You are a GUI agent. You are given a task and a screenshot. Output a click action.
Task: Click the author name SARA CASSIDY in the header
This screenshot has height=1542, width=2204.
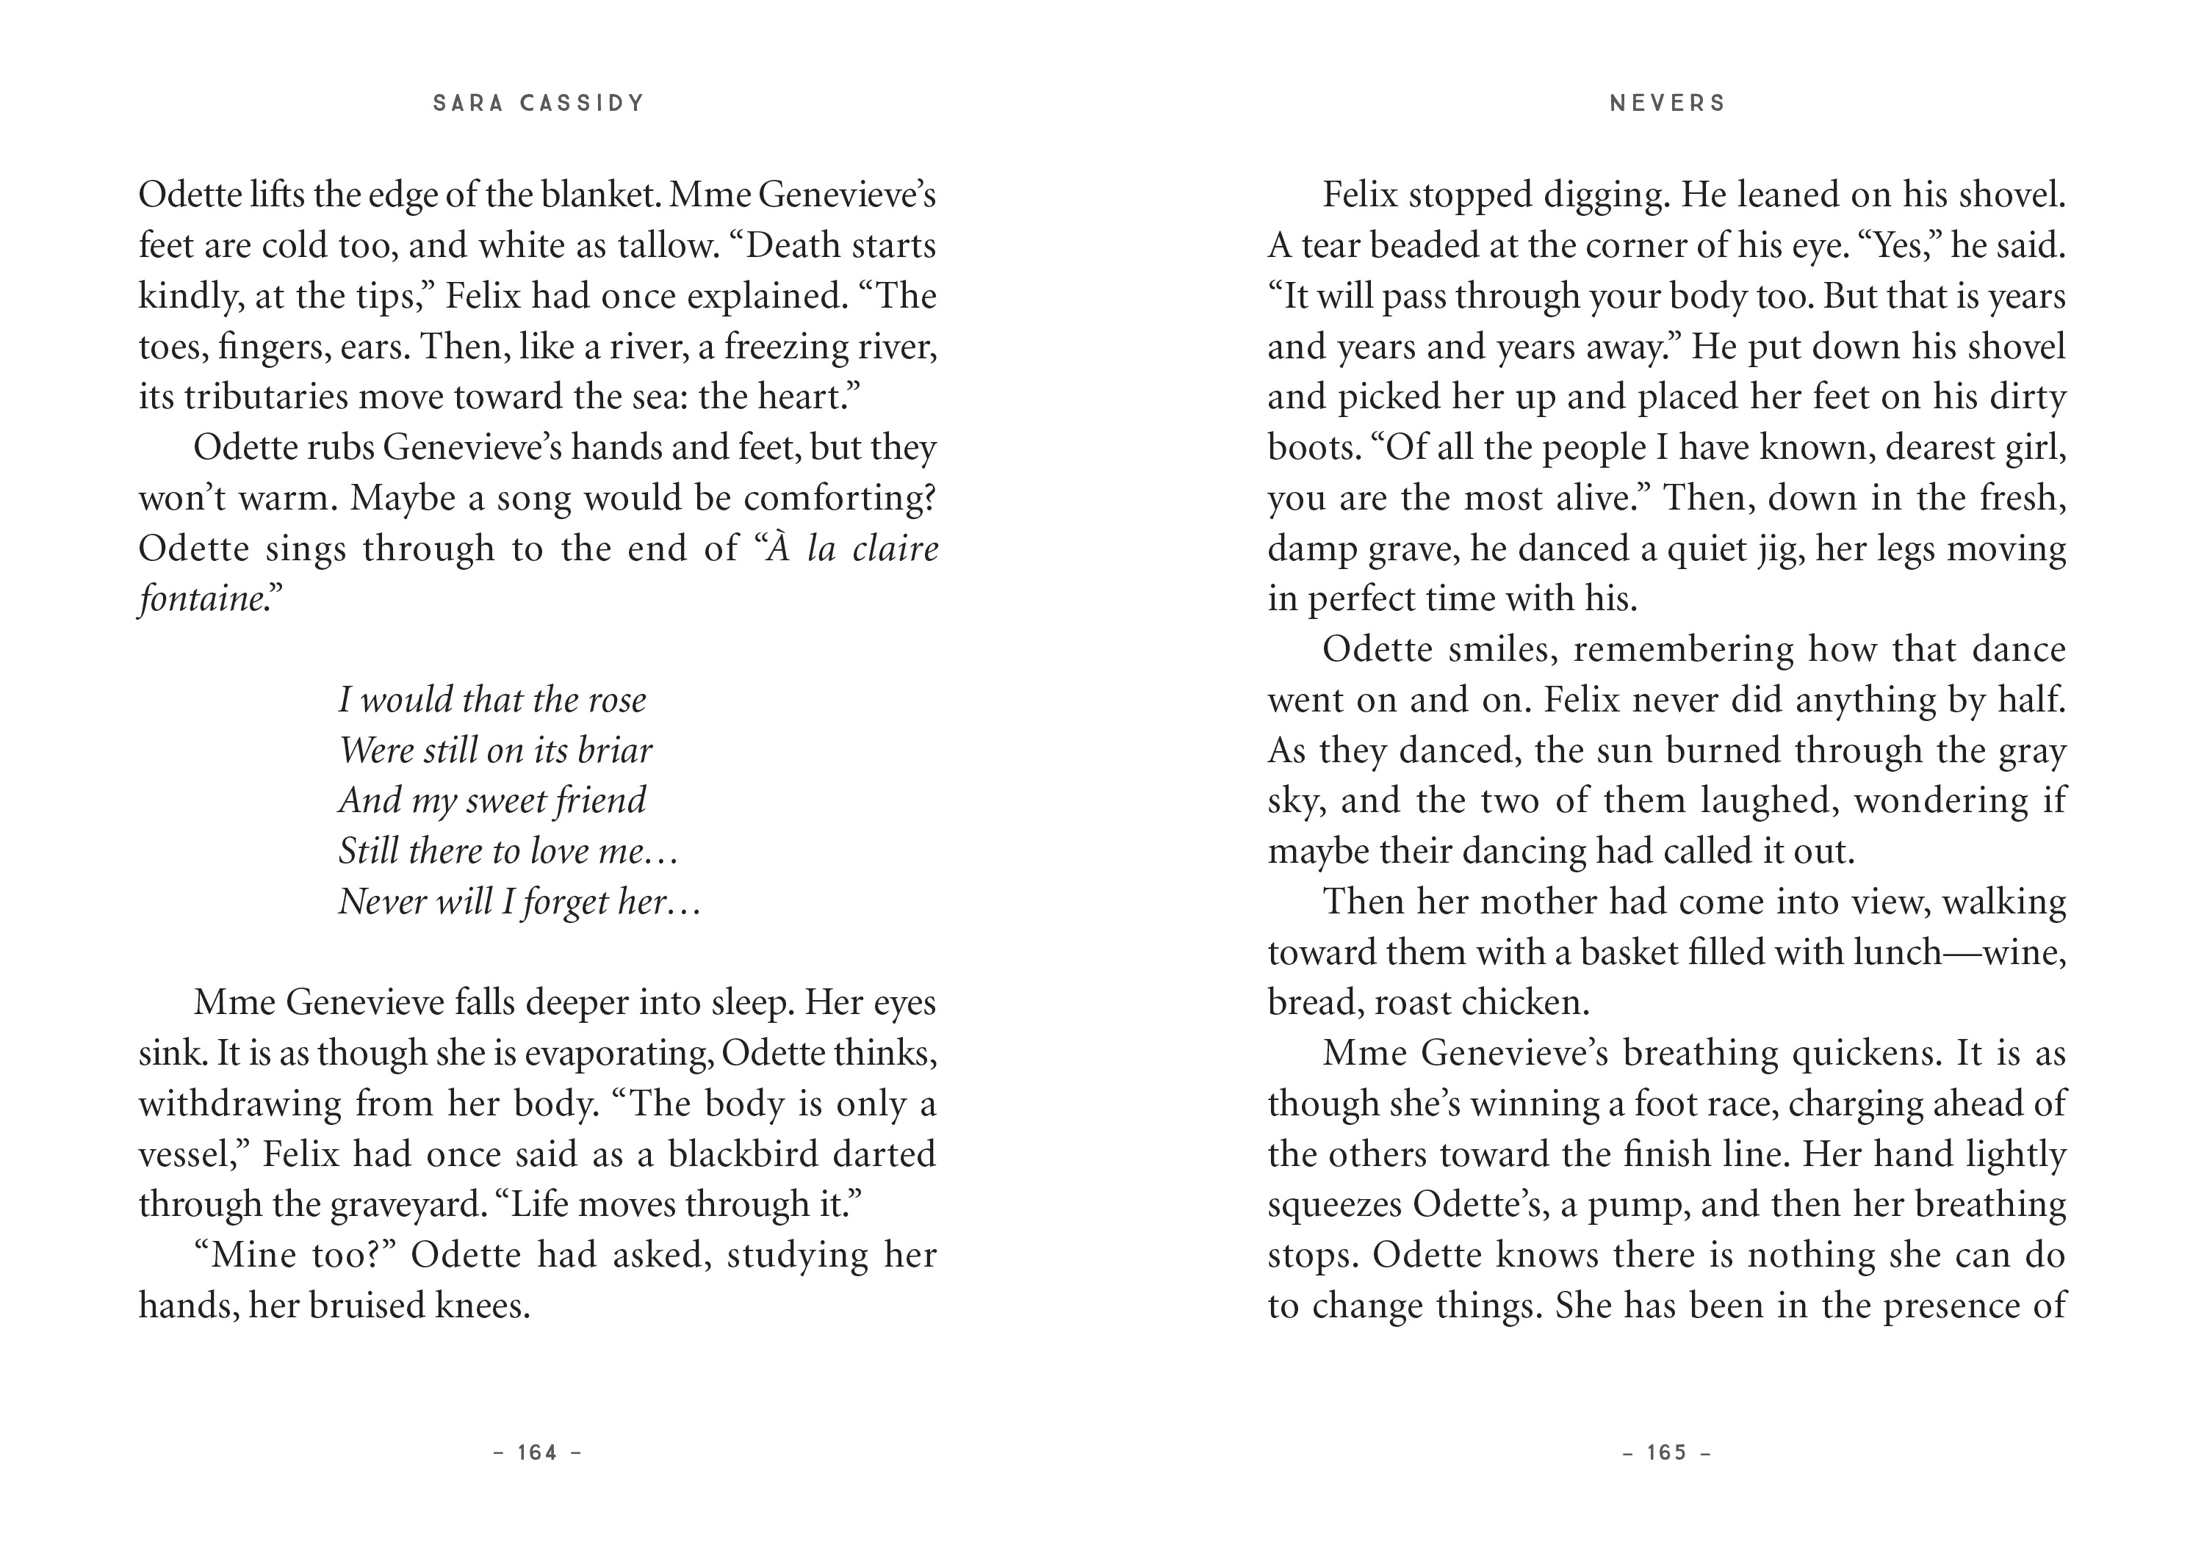point(539,104)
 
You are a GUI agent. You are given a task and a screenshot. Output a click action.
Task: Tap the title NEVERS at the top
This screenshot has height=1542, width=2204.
point(1668,104)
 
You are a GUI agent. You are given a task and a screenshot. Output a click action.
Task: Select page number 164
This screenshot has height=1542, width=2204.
point(538,1452)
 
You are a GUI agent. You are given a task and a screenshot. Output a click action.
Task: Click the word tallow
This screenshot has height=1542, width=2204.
point(667,246)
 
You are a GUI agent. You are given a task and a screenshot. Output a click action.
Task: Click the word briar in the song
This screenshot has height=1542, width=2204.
point(614,750)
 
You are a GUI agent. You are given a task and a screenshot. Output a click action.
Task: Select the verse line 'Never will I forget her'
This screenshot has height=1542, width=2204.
point(519,902)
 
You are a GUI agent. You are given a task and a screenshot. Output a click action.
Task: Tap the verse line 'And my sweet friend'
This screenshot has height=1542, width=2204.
point(492,801)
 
